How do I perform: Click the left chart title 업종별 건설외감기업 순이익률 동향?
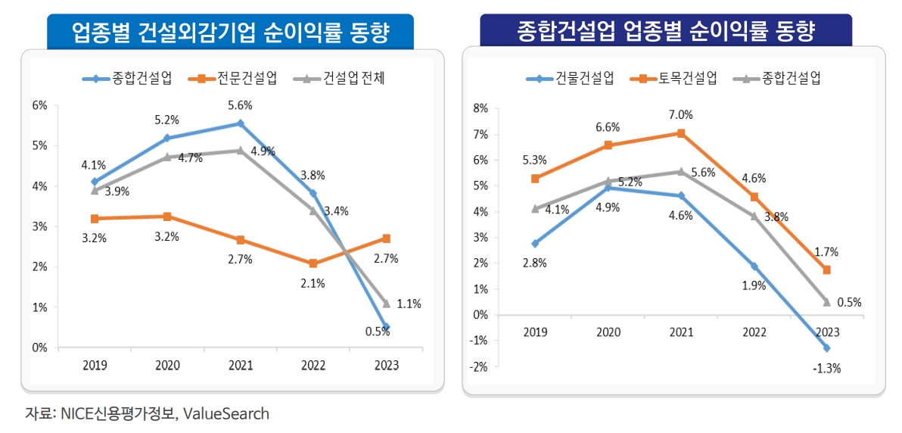point(230,32)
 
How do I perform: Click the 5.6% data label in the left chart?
point(240,105)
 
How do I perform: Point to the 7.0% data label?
point(680,115)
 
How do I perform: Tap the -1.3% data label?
point(826,369)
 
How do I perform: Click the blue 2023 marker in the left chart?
point(386,328)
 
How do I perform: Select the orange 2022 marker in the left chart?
point(313,263)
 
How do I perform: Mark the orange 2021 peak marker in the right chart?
point(681,133)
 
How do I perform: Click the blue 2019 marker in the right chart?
point(535,244)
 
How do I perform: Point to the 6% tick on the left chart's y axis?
point(39,105)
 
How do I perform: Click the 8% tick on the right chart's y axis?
point(480,108)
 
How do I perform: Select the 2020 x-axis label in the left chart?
point(166,365)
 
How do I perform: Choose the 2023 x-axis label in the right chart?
point(826,332)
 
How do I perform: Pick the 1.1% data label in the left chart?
point(409,304)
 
